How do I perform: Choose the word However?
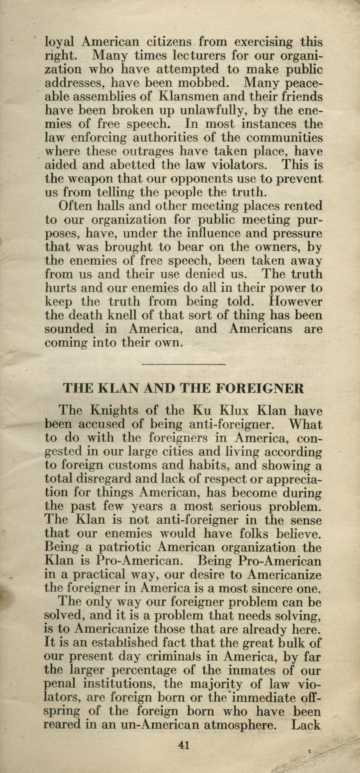point(295,302)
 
